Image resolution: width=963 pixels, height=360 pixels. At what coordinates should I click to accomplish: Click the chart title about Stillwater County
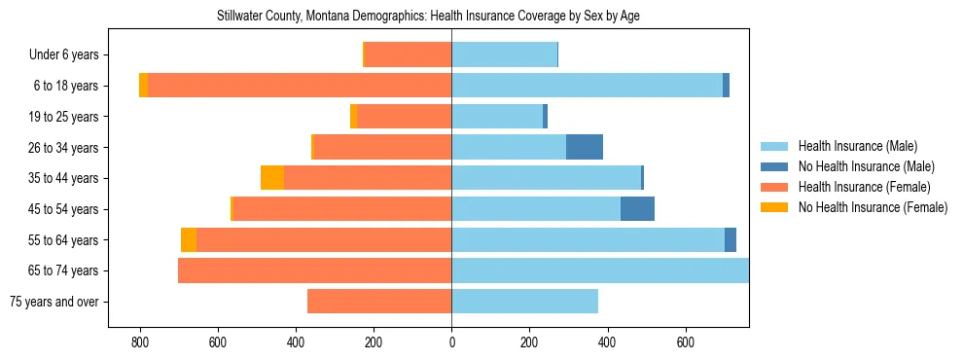pyautogui.click(x=428, y=17)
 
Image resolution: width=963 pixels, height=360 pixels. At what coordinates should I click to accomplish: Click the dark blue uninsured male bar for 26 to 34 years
pyautogui.click(x=585, y=147)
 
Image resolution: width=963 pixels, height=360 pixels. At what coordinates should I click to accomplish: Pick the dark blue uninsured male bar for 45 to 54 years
pyautogui.click(x=637, y=209)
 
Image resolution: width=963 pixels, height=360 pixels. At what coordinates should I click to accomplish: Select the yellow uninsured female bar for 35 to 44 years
pyautogui.click(x=272, y=178)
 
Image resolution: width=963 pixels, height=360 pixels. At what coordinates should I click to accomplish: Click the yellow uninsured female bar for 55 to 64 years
pyautogui.click(x=189, y=239)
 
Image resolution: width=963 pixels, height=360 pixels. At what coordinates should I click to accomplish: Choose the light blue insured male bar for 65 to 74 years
pyautogui.click(x=599, y=270)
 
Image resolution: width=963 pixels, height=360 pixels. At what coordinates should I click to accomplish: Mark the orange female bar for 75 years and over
pyautogui.click(x=379, y=302)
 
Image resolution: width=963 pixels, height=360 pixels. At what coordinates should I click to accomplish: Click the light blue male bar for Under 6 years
pyautogui.click(x=504, y=54)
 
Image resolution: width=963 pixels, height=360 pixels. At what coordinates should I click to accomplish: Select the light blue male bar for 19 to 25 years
pyautogui.click(x=497, y=117)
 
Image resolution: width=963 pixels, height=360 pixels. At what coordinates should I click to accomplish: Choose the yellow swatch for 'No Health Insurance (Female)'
pyautogui.click(x=775, y=207)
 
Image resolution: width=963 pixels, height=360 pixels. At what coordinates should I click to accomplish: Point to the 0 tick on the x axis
pyautogui.click(x=451, y=342)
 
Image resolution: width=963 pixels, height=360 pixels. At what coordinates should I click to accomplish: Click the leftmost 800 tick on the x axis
pyautogui.click(x=140, y=342)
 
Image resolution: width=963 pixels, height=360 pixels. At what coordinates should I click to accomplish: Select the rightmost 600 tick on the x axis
pyautogui.click(x=685, y=342)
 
